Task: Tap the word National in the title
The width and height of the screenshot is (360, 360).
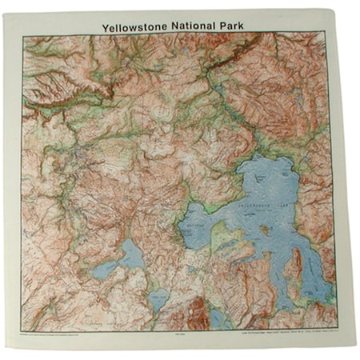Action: coord(203,26)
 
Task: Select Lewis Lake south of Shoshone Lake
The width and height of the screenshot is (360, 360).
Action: coord(156,301)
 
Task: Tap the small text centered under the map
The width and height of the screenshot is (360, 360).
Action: coord(181,327)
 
